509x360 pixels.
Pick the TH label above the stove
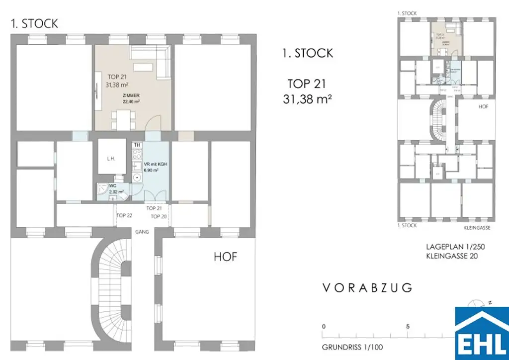point(137,145)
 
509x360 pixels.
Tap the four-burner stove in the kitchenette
point(137,153)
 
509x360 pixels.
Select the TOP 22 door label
point(124,216)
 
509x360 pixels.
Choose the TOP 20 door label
point(159,216)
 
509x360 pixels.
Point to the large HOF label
point(225,257)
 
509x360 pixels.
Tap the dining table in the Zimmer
point(123,119)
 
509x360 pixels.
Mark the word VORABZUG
point(367,288)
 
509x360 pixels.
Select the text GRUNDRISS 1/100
point(352,347)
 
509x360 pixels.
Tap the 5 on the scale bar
point(408,327)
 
